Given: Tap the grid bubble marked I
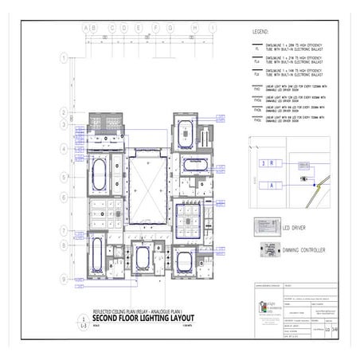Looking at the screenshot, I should [x=213, y=28].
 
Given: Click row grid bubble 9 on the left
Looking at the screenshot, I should [x=63, y=277].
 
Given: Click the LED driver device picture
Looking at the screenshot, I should [x=265, y=225].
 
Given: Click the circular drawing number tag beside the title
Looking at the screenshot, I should [x=84, y=321].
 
